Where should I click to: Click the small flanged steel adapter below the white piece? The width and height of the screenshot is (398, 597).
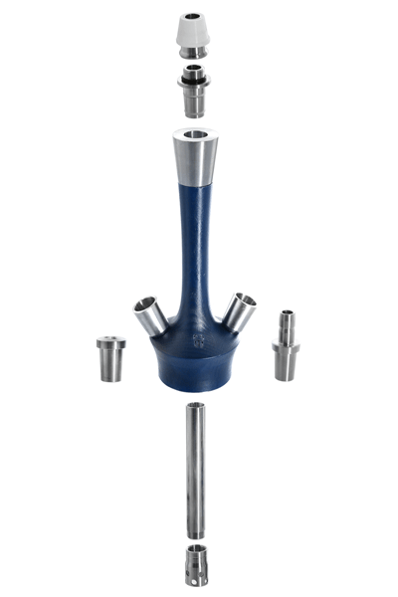[195, 95]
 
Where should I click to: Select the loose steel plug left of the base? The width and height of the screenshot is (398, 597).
[110, 360]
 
